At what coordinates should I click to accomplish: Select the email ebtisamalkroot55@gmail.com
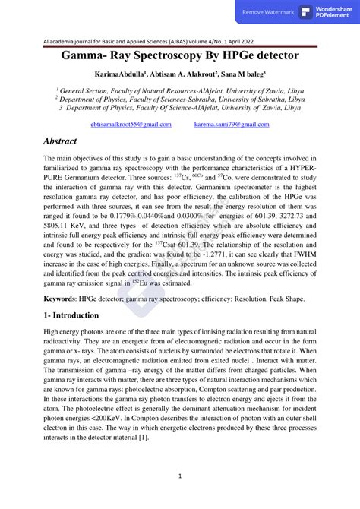131,123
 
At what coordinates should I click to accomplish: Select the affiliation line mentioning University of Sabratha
179,99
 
